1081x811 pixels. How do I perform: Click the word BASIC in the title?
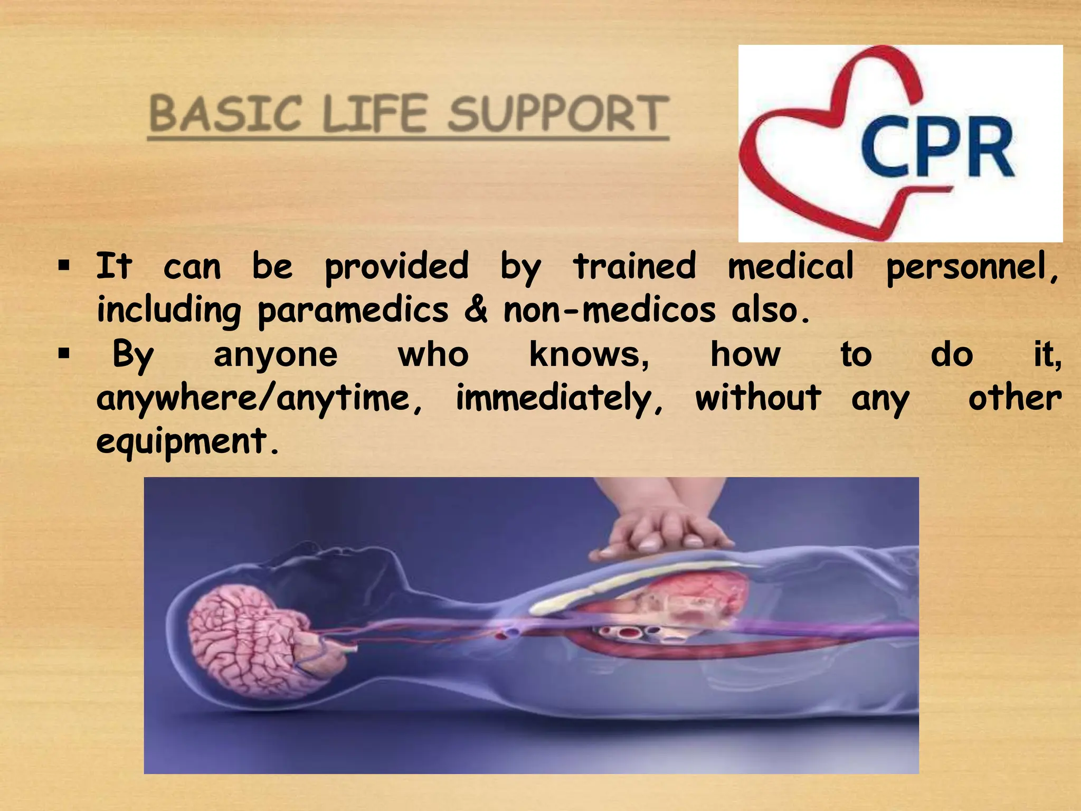(x=226, y=114)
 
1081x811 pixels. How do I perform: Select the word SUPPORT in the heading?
(x=558, y=114)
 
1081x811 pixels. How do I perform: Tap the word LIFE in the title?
(x=374, y=114)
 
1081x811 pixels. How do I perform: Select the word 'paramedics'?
(x=353, y=310)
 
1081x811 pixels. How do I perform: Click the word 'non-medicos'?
(x=610, y=310)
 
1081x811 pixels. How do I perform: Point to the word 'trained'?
(x=635, y=266)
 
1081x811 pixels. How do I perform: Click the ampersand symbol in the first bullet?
(x=476, y=310)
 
